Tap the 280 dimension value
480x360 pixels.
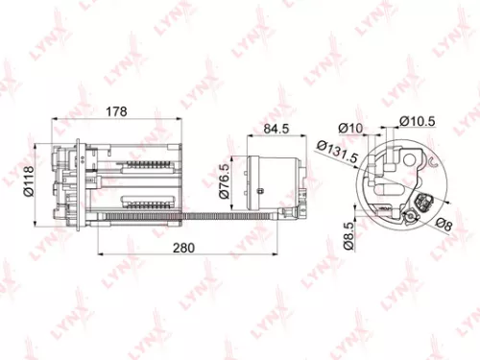[x=183, y=248]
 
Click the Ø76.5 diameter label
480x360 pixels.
[x=223, y=180]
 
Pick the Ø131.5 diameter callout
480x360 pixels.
[x=329, y=156]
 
